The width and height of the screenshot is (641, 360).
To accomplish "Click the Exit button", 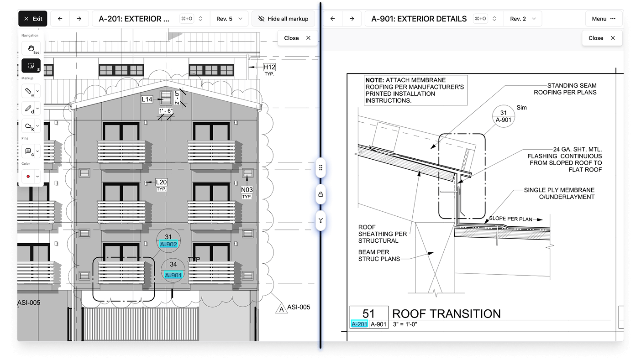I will [x=33, y=19].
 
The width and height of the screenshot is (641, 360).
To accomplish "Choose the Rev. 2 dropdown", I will [x=522, y=19].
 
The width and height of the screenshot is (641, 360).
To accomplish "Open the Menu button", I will [x=604, y=19].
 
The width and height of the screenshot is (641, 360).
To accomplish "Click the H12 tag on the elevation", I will [x=269, y=68].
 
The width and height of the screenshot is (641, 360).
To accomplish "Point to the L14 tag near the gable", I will [x=147, y=99].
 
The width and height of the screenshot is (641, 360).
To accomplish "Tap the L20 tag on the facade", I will [x=161, y=182].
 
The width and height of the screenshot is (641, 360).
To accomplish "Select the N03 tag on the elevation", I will [x=247, y=189].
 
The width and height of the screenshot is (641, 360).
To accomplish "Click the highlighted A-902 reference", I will [x=168, y=245].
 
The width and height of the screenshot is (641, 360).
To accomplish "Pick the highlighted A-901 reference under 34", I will [x=173, y=275].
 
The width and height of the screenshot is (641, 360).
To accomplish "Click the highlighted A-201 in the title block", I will [x=359, y=324].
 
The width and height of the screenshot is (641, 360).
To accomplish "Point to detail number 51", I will [x=368, y=314].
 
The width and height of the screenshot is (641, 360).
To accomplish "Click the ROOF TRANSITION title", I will [x=446, y=314].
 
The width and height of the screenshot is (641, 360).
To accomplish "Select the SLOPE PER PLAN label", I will [x=510, y=219].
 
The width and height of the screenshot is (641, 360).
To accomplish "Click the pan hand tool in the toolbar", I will [x=31, y=48].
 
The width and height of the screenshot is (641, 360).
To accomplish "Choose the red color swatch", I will [x=28, y=176].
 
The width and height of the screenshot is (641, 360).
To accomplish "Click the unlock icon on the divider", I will [x=320, y=194].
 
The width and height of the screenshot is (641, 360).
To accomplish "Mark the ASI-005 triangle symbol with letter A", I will [x=281, y=309].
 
